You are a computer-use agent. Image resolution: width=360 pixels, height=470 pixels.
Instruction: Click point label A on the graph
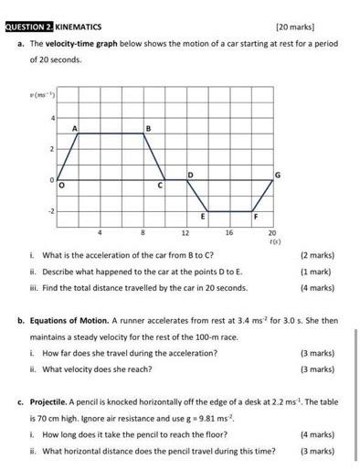(75, 127)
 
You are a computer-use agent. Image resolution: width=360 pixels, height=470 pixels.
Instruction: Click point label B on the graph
(149, 127)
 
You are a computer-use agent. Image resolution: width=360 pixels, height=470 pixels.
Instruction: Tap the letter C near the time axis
(160, 187)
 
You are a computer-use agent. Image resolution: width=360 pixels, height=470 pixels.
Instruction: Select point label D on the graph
(190, 173)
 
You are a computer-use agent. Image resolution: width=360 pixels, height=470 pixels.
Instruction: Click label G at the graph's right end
(278, 173)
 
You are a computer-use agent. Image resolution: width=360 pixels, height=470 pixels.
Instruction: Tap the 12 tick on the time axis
(186, 233)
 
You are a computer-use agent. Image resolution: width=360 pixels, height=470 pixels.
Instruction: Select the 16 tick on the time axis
(229, 233)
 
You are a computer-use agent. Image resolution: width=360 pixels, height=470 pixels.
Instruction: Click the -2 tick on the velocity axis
(52, 210)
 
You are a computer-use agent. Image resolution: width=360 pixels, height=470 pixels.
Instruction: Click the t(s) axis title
(273, 242)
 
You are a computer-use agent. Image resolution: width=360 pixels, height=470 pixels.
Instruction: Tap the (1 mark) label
(317, 272)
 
